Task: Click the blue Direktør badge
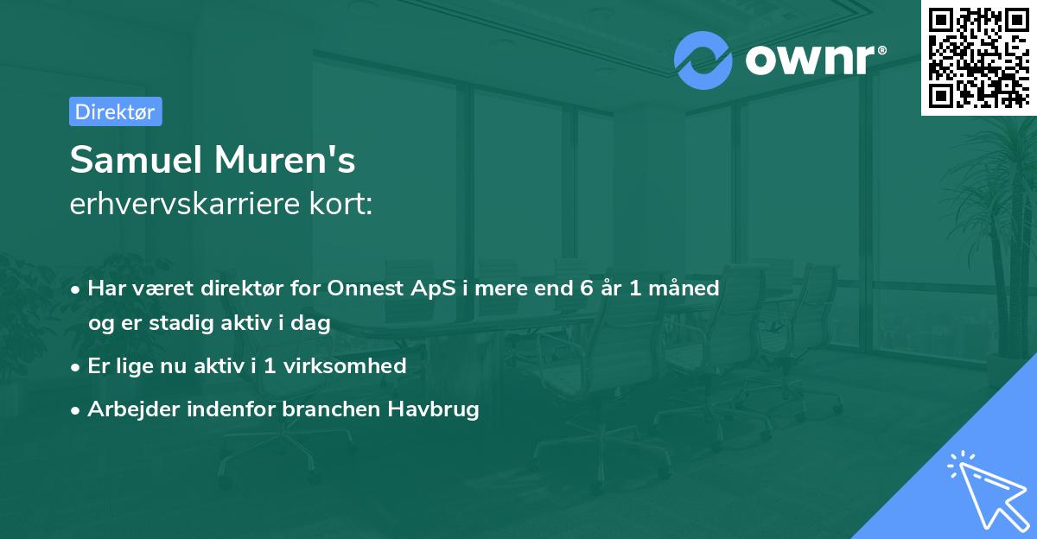tap(115, 111)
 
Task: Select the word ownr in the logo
tap(811, 60)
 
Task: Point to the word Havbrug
tap(438, 409)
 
